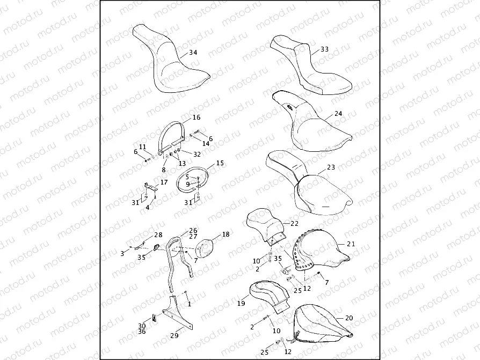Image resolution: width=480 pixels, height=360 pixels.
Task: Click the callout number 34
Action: point(193,53)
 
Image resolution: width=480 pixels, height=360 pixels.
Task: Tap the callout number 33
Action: point(324,49)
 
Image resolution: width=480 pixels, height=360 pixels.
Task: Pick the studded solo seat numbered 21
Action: point(318,251)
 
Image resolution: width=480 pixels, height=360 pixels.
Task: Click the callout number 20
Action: point(349,318)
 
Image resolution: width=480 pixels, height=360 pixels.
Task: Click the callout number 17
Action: point(164,182)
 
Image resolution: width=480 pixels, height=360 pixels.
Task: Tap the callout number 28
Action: point(158,235)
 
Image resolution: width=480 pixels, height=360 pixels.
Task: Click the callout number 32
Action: point(197,155)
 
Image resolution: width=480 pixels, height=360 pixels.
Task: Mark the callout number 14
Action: point(206,143)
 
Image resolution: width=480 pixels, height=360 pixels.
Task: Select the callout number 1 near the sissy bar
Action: point(189,304)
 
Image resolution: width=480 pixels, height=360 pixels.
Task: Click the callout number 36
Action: point(142,332)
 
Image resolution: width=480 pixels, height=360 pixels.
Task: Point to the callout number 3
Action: point(122,254)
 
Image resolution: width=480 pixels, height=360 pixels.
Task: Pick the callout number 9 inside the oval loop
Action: point(188,184)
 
